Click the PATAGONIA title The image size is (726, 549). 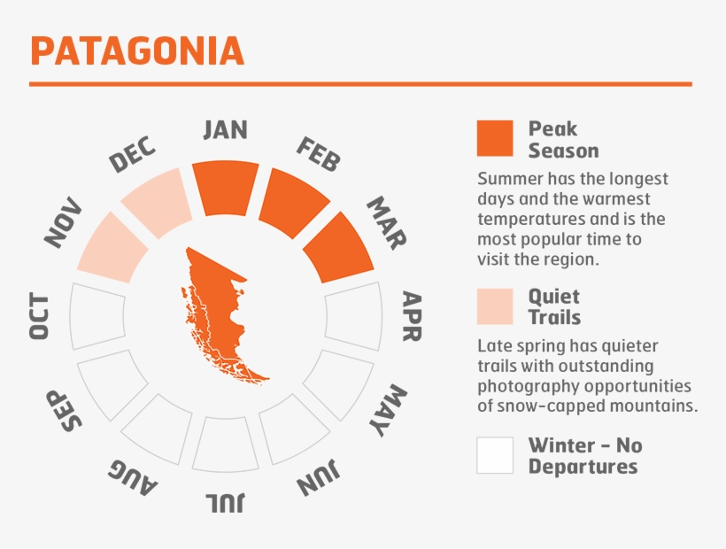137,50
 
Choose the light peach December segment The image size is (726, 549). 156,204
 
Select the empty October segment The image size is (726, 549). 97,316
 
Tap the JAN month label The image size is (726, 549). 225,129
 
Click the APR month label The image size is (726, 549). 412,316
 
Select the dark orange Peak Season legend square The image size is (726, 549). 494,138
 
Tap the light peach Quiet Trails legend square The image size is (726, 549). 494,306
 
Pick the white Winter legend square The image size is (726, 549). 494,454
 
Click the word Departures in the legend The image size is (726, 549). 583,467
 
